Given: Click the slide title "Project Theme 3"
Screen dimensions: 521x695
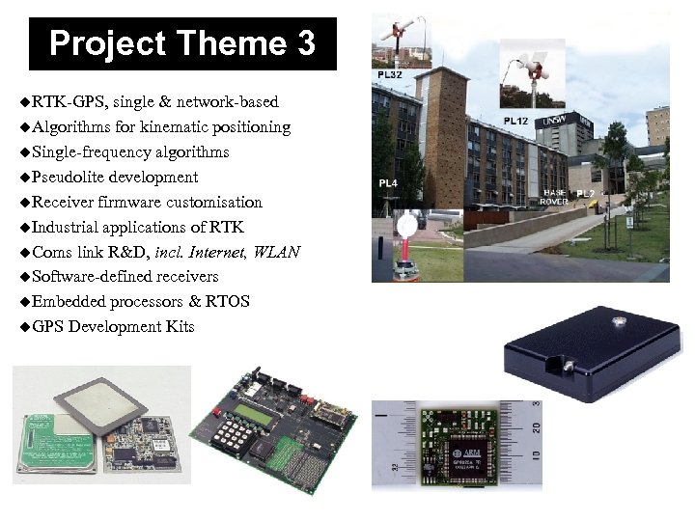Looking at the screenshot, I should click(x=182, y=43).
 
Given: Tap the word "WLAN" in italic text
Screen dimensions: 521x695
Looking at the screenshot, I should click(x=278, y=252).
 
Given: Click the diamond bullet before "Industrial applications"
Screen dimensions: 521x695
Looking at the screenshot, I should click(x=24, y=228).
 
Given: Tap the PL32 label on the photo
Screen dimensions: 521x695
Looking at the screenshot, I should click(x=391, y=75).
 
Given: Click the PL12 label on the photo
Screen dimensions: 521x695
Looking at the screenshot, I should click(x=515, y=122).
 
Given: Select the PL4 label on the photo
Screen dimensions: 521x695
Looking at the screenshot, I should click(x=388, y=182).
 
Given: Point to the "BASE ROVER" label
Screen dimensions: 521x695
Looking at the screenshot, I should click(x=554, y=197).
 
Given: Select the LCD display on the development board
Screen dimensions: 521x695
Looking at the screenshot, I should click(x=264, y=413).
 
